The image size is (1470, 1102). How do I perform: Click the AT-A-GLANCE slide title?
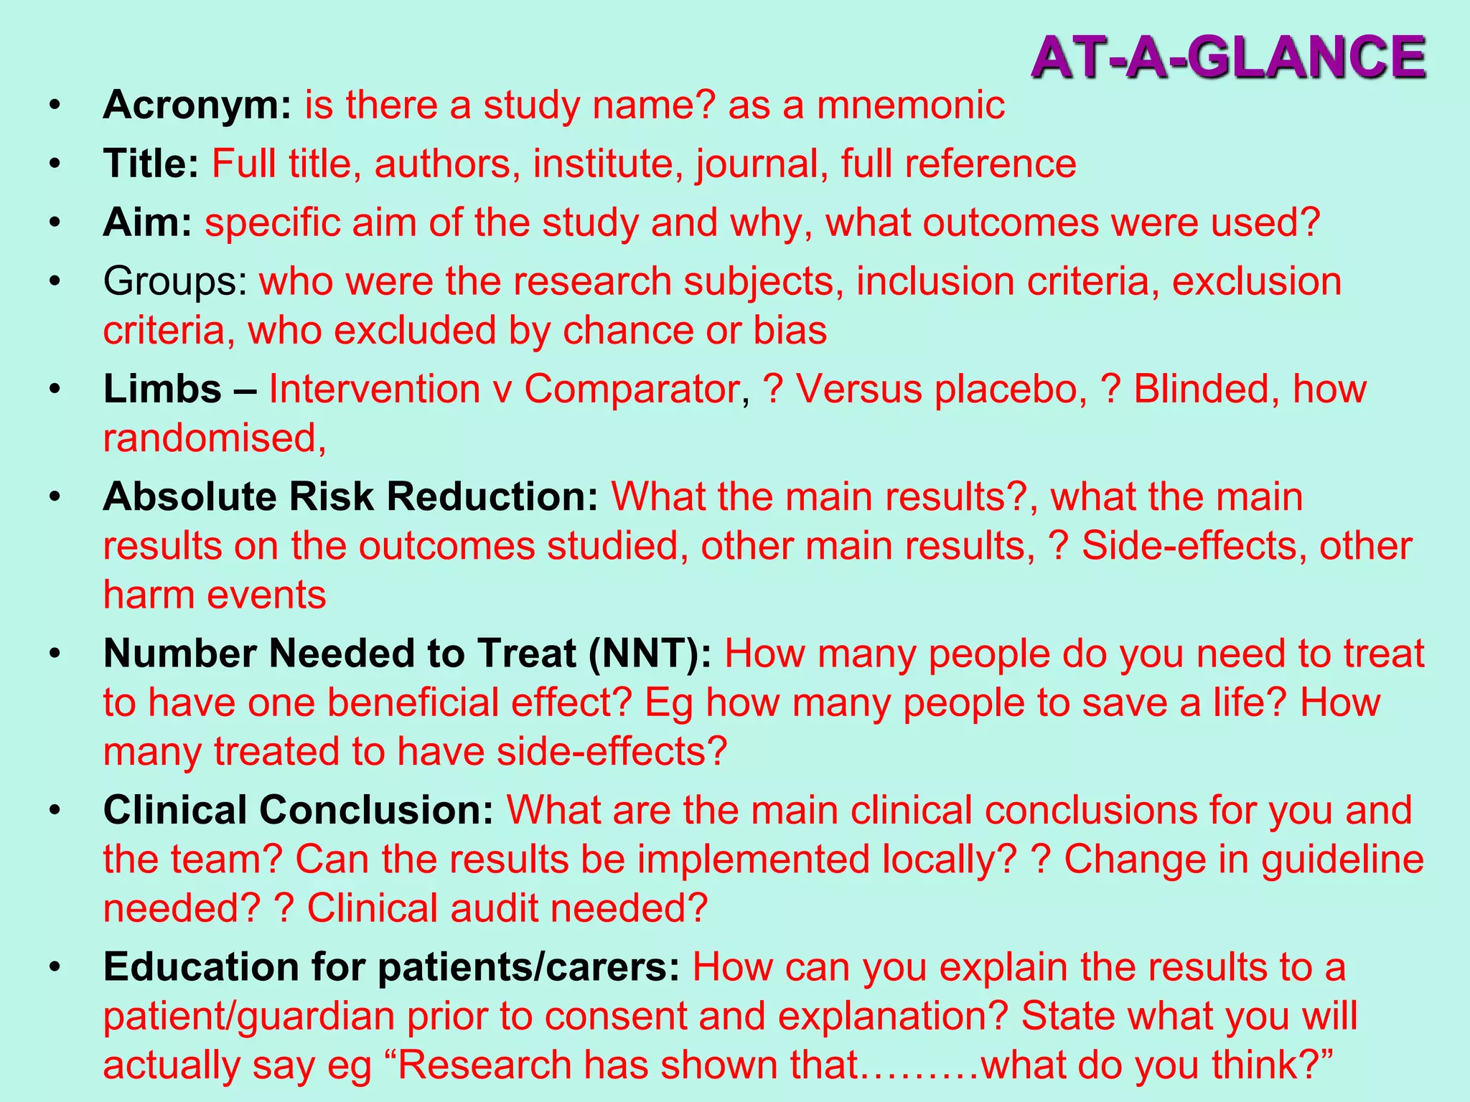[1228, 57]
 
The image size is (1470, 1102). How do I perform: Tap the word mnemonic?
[910, 105]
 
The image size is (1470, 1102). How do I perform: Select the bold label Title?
[151, 164]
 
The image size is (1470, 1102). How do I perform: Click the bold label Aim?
[147, 222]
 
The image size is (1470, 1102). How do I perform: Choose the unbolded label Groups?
[175, 281]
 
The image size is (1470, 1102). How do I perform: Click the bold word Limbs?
[162, 390]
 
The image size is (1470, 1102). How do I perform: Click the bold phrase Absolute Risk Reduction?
[350, 496]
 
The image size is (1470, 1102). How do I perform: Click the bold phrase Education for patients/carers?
[391, 967]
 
